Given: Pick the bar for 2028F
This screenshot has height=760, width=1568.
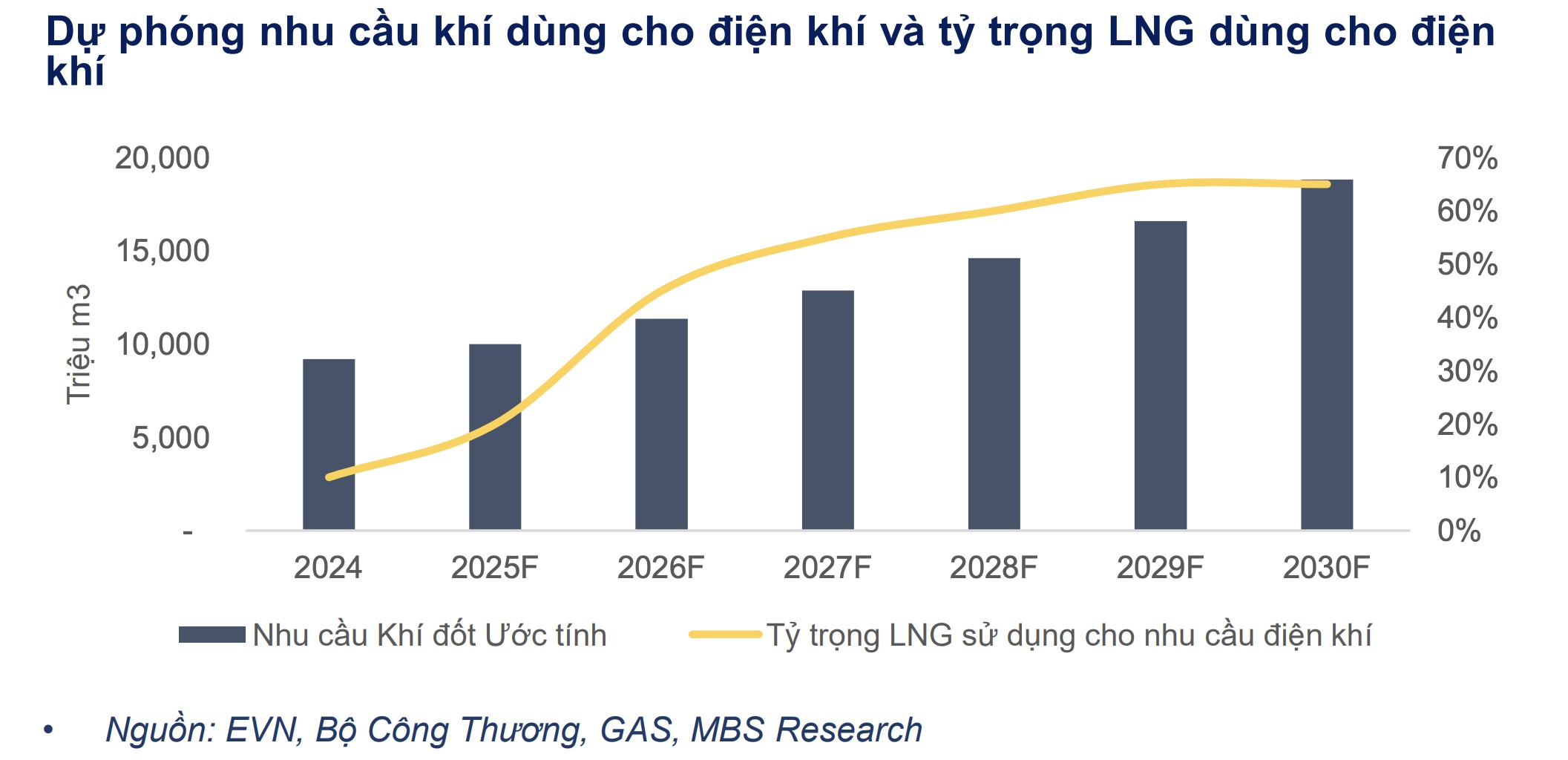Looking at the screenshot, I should [x=994, y=393].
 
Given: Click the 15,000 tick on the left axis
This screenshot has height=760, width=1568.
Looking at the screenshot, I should [x=163, y=251].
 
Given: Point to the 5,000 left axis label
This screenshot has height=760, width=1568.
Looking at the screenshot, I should [x=171, y=438].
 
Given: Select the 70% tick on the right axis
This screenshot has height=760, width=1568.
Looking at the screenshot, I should [x=1467, y=158].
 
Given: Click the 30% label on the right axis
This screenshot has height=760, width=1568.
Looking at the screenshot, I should [x=1467, y=371].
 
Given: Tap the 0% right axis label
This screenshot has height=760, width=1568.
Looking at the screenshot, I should [x=1458, y=531].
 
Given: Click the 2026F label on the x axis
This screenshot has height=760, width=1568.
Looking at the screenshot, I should [x=660, y=568].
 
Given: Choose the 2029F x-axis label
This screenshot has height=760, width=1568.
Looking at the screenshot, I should [x=1159, y=568].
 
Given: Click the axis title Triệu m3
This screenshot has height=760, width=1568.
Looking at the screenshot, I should [x=78, y=344].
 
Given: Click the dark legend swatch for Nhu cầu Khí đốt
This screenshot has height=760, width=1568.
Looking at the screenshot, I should [x=211, y=635].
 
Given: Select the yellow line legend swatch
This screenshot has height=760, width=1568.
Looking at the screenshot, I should [x=725, y=635].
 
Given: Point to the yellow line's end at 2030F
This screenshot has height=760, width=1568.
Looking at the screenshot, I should [x=1326, y=184].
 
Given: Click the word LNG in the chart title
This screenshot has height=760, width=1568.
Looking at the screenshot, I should [x=1151, y=32].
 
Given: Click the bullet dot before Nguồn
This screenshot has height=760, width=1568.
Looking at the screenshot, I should [x=49, y=730].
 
